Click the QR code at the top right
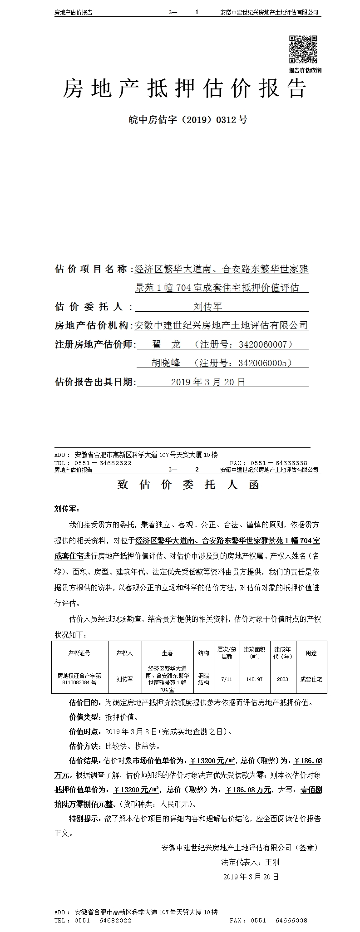point(304,49)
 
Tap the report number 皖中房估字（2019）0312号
point(188,120)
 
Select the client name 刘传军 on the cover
point(207,307)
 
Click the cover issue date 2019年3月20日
point(208,382)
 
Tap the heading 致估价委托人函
point(188,485)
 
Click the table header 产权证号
point(79,653)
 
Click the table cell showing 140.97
point(254,679)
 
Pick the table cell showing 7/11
point(226,679)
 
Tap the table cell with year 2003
point(282,679)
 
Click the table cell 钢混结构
point(203,679)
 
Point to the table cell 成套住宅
point(311,679)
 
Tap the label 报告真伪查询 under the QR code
point(305,70)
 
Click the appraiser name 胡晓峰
point(166,363)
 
